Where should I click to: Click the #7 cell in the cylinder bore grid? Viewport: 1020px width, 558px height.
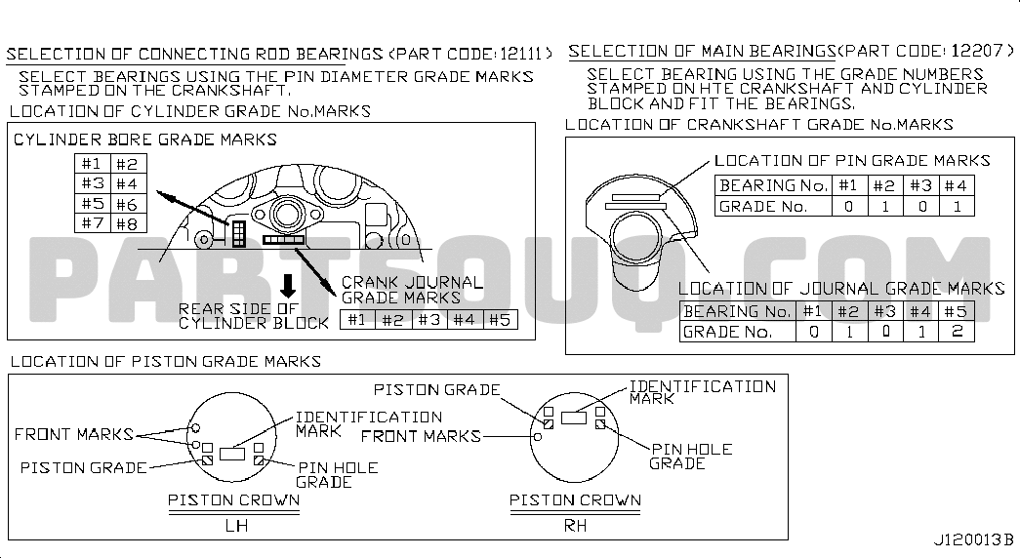(93, 223)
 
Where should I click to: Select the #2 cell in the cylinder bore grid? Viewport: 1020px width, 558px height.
(128, 164)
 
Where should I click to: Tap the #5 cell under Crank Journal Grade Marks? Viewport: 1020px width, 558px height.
(501, 319)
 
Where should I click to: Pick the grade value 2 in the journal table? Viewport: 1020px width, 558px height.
(957, 331)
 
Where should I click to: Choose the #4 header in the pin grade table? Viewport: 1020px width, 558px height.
(957, 186)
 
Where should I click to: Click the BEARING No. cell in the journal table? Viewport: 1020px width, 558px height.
(737, 311)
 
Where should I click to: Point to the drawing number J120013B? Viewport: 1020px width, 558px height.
(973, 539)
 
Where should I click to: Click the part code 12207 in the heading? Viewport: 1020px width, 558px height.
(977, 50)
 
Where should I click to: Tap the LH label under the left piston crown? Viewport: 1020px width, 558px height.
(236, 525)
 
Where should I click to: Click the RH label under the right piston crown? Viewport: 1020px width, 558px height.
(575, 525)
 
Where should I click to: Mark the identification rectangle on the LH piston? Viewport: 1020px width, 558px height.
(232, 454)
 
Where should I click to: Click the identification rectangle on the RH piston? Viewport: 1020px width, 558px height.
(574, 417)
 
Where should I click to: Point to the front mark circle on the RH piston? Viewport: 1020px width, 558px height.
(537, 436)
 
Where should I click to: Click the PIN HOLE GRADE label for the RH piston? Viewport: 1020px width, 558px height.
(691, 456)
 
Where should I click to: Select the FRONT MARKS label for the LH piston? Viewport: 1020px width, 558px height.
(73, 434)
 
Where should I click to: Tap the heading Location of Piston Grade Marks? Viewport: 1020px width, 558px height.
(166, 361)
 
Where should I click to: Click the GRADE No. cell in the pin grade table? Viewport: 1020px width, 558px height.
(773, 206)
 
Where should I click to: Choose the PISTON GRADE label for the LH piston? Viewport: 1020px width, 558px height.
(84, 467)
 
